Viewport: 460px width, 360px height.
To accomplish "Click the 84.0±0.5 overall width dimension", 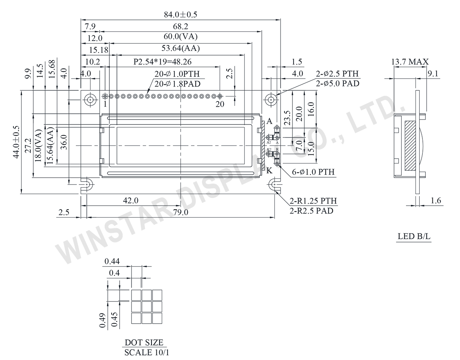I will point(180,15).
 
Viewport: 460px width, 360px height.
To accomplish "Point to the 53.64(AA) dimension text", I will point(181,49).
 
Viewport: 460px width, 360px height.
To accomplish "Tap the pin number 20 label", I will point(219,104).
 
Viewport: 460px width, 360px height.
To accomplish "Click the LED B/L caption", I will point(414,237).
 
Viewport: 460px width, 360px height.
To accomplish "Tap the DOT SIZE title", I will point(144,342).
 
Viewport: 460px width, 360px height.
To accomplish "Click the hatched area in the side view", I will point(410,146).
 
